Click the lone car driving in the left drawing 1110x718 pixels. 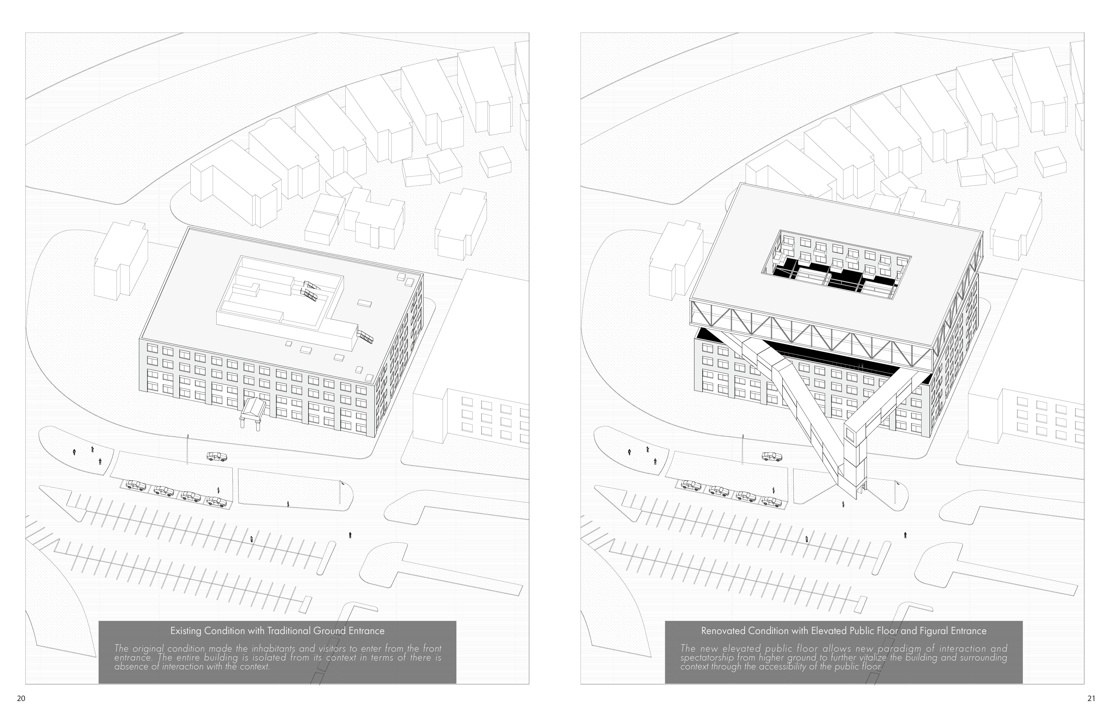pyautogui.click(x=217, y=457)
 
